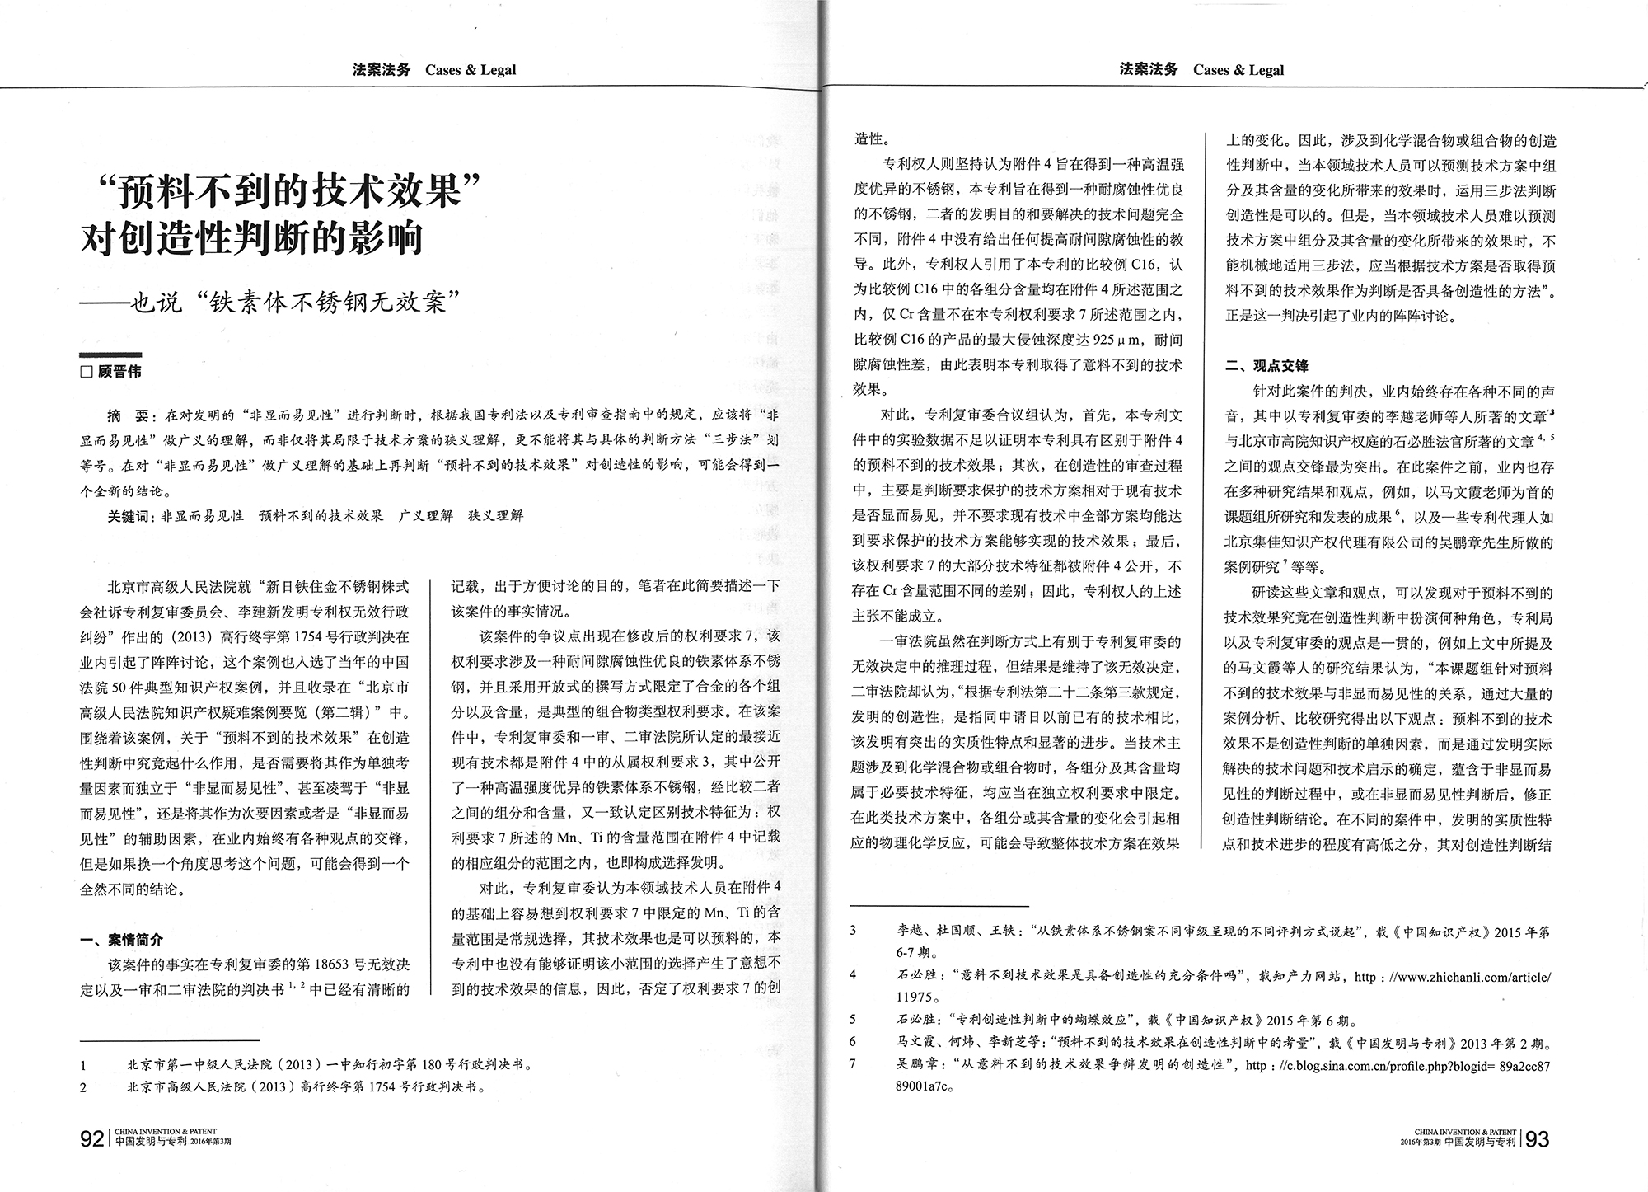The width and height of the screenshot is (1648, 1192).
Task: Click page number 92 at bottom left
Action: click(x=91, y=1139)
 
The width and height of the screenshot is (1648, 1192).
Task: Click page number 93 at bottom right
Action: click(x=1538, y=1139)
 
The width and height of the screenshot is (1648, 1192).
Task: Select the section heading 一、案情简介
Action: click(x=121, y=940)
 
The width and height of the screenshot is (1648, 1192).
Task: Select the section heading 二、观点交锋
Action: click(x=1266, y=365)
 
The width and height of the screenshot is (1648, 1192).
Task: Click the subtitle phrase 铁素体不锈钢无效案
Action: click(x=339, y=302)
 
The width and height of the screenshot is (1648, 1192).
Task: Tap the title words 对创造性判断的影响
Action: click(x=251, y=238)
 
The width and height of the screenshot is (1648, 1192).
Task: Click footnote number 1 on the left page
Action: click(x=83, y=1065)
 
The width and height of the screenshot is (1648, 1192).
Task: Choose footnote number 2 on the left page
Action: click(x=83, y=1087)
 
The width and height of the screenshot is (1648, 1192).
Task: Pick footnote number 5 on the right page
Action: click(x=853, y=1020)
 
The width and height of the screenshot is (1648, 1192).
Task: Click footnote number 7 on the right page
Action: click(x=853, y=1065)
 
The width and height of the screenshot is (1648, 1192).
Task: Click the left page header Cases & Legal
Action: click(x=471, y=70)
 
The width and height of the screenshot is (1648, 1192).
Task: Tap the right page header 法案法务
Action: click(x=1148, y=70)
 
